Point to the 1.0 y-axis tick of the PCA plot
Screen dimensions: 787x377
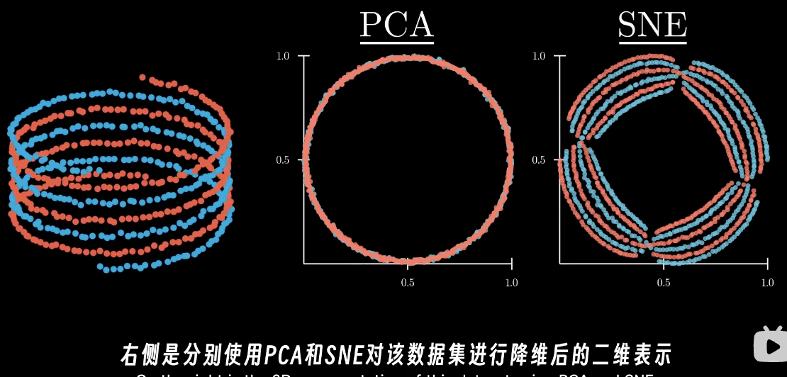pos(283,55)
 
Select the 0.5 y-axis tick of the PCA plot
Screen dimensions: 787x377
pos(283,160)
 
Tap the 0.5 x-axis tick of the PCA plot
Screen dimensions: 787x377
pos(408,283)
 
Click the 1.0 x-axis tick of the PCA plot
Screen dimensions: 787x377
pos(510,283)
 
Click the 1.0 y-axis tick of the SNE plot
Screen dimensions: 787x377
pos(538,55)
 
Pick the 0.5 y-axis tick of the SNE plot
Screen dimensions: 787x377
pos(538,160)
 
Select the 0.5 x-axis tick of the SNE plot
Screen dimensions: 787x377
pos(663,283)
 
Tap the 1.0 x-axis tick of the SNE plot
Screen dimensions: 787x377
pos(766,283)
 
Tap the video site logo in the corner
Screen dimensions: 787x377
pos(769,345)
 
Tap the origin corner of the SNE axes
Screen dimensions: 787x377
pos(559,264)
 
